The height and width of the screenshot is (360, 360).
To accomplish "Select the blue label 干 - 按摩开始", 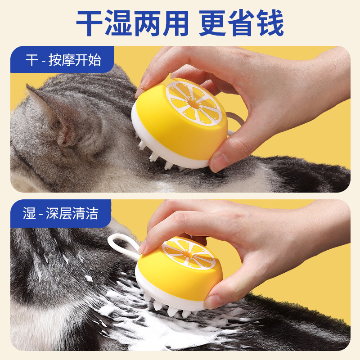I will [x=63, y=60].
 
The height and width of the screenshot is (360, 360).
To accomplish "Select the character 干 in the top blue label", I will [x=31, y=60].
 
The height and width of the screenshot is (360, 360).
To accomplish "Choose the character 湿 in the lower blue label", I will [x=29, y=213].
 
